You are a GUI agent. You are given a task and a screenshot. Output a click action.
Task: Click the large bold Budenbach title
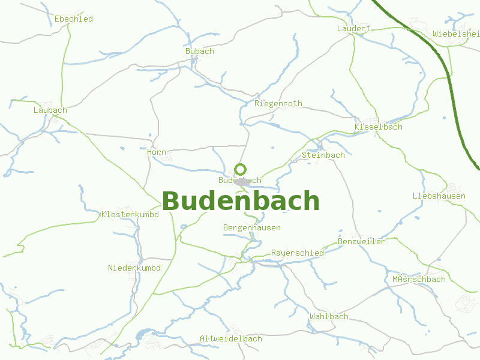point(241,201)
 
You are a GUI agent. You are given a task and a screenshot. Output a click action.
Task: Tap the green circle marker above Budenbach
point(240,169)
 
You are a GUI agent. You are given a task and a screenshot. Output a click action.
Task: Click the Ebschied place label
point(73,19)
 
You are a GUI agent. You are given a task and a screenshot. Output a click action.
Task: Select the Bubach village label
point(199,51)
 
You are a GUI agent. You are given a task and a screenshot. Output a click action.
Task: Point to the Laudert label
point(353,28)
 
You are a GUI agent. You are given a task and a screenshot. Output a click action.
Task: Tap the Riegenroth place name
point(278,103)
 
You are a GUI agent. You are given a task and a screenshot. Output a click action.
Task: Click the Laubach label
point(50,110)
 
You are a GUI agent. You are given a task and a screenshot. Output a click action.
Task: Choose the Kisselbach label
point(378,127)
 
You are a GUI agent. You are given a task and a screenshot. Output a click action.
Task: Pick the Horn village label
point(156,152)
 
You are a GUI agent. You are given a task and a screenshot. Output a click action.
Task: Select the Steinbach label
point(323,155)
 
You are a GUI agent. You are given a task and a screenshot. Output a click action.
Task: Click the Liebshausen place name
point(439,196)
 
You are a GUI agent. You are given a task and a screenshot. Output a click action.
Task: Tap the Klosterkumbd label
point(130,214)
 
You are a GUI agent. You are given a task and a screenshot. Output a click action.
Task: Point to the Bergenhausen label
point(251,227)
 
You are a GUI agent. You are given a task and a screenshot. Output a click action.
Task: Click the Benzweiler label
point(361,241)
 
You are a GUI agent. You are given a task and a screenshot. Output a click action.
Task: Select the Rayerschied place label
point(297,253)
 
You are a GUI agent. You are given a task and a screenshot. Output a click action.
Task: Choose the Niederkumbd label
point(133,267)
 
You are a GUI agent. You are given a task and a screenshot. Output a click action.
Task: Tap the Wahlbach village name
point(329,316)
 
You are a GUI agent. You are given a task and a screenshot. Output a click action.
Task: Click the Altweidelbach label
point(230,338)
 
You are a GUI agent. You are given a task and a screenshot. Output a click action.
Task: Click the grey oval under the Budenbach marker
point(242,182)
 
